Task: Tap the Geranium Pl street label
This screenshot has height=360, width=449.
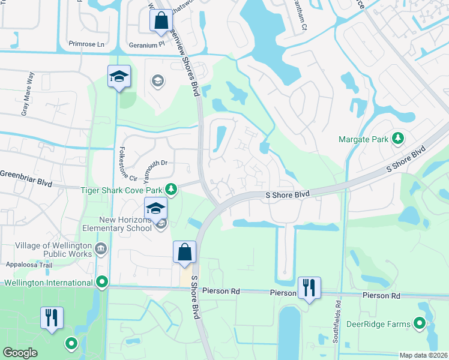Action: (x=146, y=45)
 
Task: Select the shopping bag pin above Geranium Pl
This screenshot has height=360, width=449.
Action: (x=161, y=21)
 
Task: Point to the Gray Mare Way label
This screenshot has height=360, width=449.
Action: (x=28, y=93)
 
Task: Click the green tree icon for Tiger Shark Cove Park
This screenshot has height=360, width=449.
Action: (x=171, y=190)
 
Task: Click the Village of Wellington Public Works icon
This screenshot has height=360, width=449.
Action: (x=100, y=248)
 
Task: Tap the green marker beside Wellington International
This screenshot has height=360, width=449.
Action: (x=102, y=281)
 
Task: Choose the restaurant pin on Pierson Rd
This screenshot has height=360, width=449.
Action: (x=309, y=287)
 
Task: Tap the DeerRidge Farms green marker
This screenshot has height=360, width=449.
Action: (x=420, y=325)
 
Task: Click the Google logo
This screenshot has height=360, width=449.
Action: (x=20, y=353)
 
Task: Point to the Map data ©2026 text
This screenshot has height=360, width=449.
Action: (x=423, y=355)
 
